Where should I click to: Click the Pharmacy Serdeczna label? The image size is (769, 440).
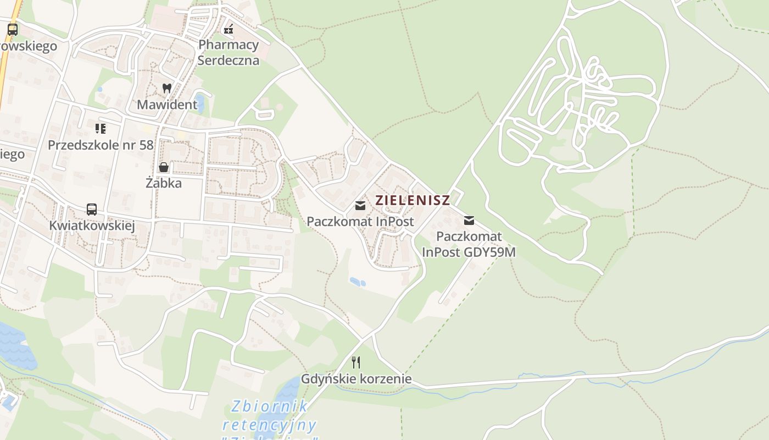[228, 52]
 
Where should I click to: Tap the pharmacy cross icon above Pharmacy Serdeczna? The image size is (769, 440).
[229, 29]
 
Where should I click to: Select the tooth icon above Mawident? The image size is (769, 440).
[167, 88]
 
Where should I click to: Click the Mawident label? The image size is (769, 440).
[167, 105]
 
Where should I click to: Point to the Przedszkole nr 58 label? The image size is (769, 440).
[101, 145]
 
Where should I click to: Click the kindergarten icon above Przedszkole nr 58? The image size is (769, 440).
[101, 129]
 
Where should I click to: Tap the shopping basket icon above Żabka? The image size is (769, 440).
[164, 167]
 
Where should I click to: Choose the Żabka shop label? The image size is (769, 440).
[164, 183]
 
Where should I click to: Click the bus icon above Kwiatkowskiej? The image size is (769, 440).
[92, 210]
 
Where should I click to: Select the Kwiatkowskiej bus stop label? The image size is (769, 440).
[92, 226]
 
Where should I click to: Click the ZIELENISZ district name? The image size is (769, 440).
[413, 200]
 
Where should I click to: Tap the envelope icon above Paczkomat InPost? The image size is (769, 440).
[360, 206]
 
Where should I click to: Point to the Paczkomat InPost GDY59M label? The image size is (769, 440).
[469, 245]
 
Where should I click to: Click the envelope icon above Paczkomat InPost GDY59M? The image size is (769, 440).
[469, 221]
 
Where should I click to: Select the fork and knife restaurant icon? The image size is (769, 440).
[356, 362]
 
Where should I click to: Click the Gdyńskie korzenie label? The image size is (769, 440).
[356, 379]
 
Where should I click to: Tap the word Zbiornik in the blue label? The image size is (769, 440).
[269, 407]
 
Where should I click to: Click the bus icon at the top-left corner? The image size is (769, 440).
[13, 30]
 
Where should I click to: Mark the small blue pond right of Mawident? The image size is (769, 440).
[199, 103]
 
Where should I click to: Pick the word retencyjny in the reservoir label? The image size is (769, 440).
[269, 425]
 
